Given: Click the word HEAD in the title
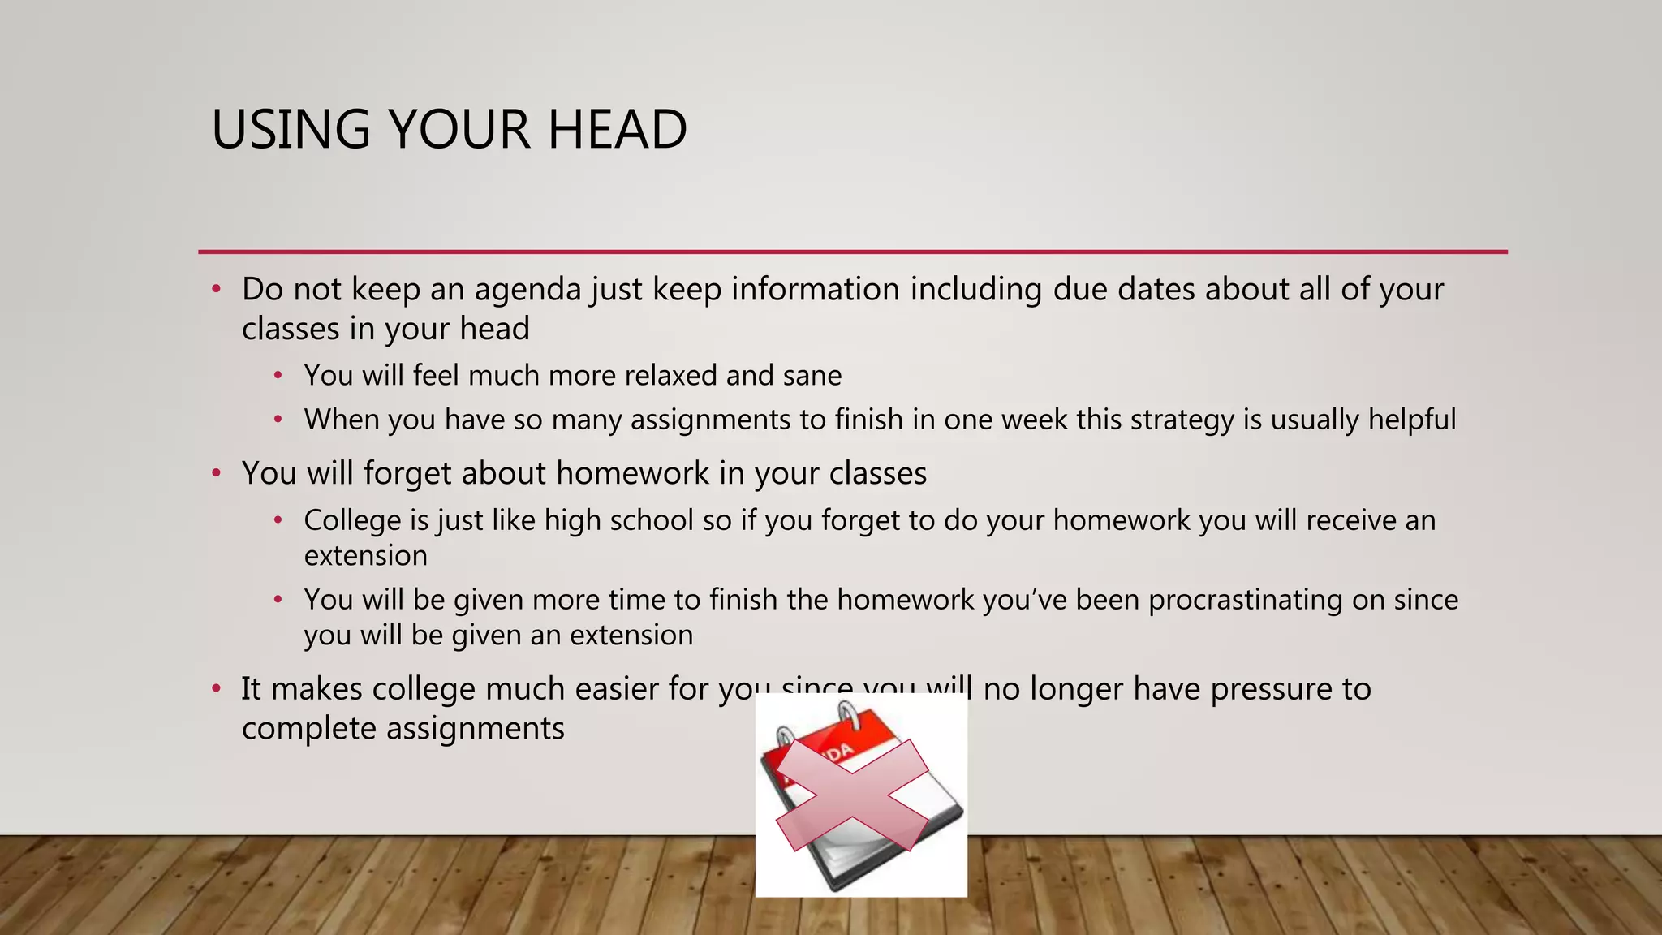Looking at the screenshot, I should [617, 130].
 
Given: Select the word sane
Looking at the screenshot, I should [812, 376].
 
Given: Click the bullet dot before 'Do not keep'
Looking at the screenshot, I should [216, 290].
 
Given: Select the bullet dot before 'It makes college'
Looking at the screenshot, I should [216, 689].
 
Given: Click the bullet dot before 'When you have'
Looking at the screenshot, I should [278, 420].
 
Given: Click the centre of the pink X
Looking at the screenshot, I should [852, 795].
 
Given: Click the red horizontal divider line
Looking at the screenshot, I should [852, 252].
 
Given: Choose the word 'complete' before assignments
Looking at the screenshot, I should [308, 729].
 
